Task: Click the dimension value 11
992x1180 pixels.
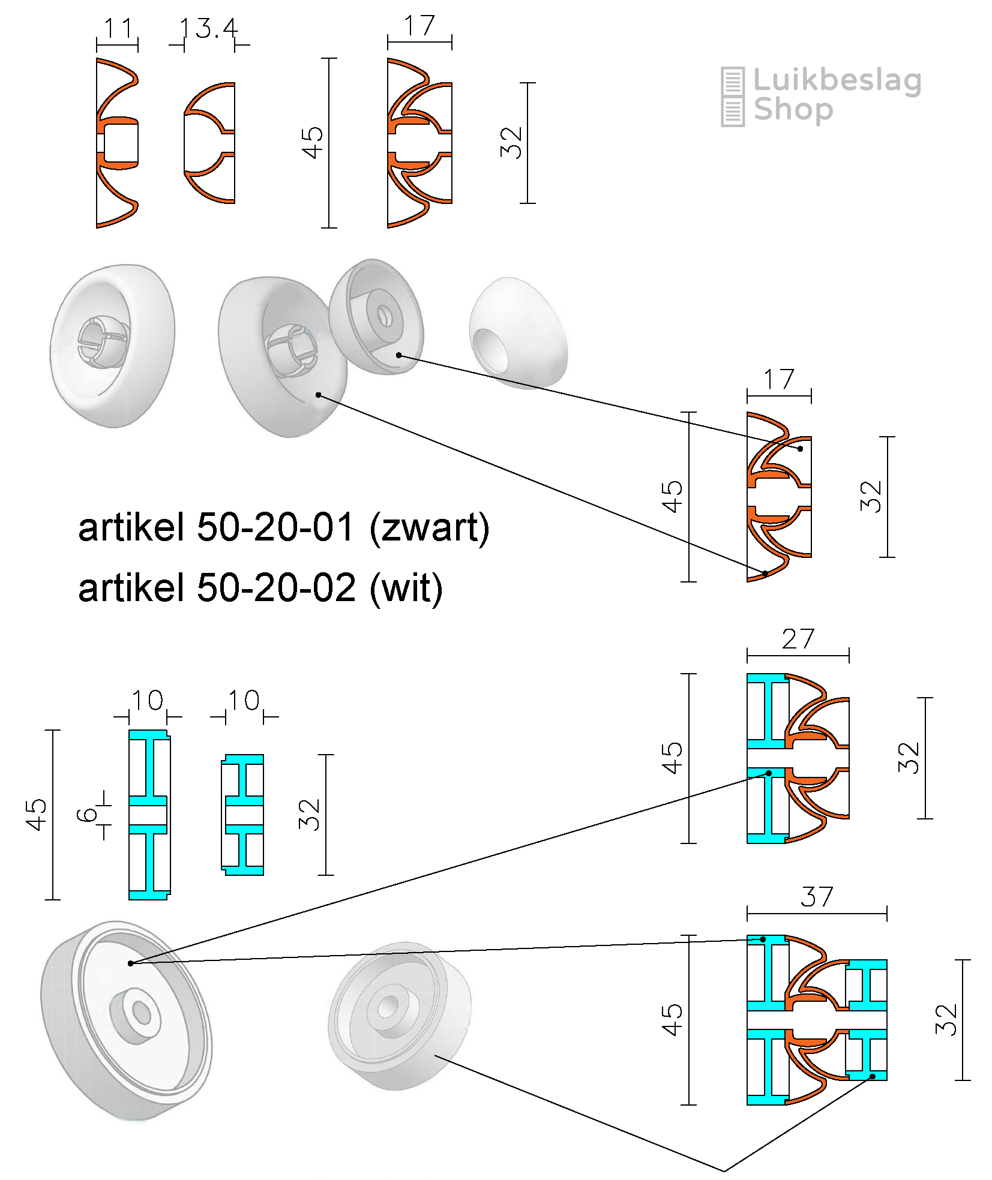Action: pyautogui.click(x=118, y=28)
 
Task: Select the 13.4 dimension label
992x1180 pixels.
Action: pyautogui.click(x=209, y=28)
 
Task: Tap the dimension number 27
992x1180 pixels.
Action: pyautogui.click(x=798, y=639)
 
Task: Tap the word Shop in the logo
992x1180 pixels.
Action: pyautogui.click(x=793, y=110)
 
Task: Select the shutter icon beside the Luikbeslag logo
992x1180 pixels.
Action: pyautogui.click(x=732, y=96)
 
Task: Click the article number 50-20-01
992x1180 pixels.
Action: pyautogui.click(x=275, y=528)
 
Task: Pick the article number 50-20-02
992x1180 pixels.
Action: pyautogui.click(x=275, y=587)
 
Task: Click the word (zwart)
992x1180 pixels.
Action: pyautogui.click(x=429, y=528)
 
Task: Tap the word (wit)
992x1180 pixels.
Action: pyautogui.click(x=406, y=587)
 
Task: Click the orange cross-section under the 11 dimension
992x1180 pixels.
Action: pyautogui.click(x=118, y=143)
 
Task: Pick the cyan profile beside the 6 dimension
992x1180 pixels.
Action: pyautogui.click(x=149, y=815)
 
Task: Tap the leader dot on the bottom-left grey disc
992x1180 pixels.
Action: pyautogui.click(x=130, y=963)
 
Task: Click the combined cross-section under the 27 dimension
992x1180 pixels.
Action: pyautogui.click(x=798, y=758)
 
